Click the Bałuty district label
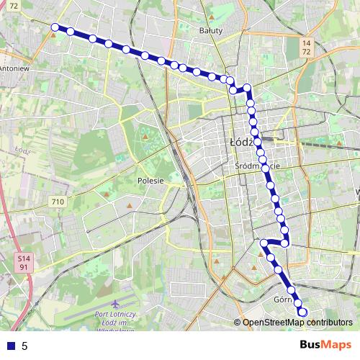pyautogui.click(x=211, y=31)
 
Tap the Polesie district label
pyautogui.click(x=150, y=181)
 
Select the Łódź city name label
pyautogui.click(x=242, y=143)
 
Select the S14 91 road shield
pyautogui.click(x=24, y=262)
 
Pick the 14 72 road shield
pyautogui.click(x=306, y=48)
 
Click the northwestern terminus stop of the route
pyautogui.click(x=55, y=27)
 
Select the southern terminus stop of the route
pyautogui.click(x=303, y=312)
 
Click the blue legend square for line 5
pyautogui.click(x=9, y=346)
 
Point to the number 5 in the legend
pyautogui.click(x=24, y=346)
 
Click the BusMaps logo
pyautogui.click(x=325, y=345)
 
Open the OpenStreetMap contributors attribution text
pyautogui.click(x=297, y=323)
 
